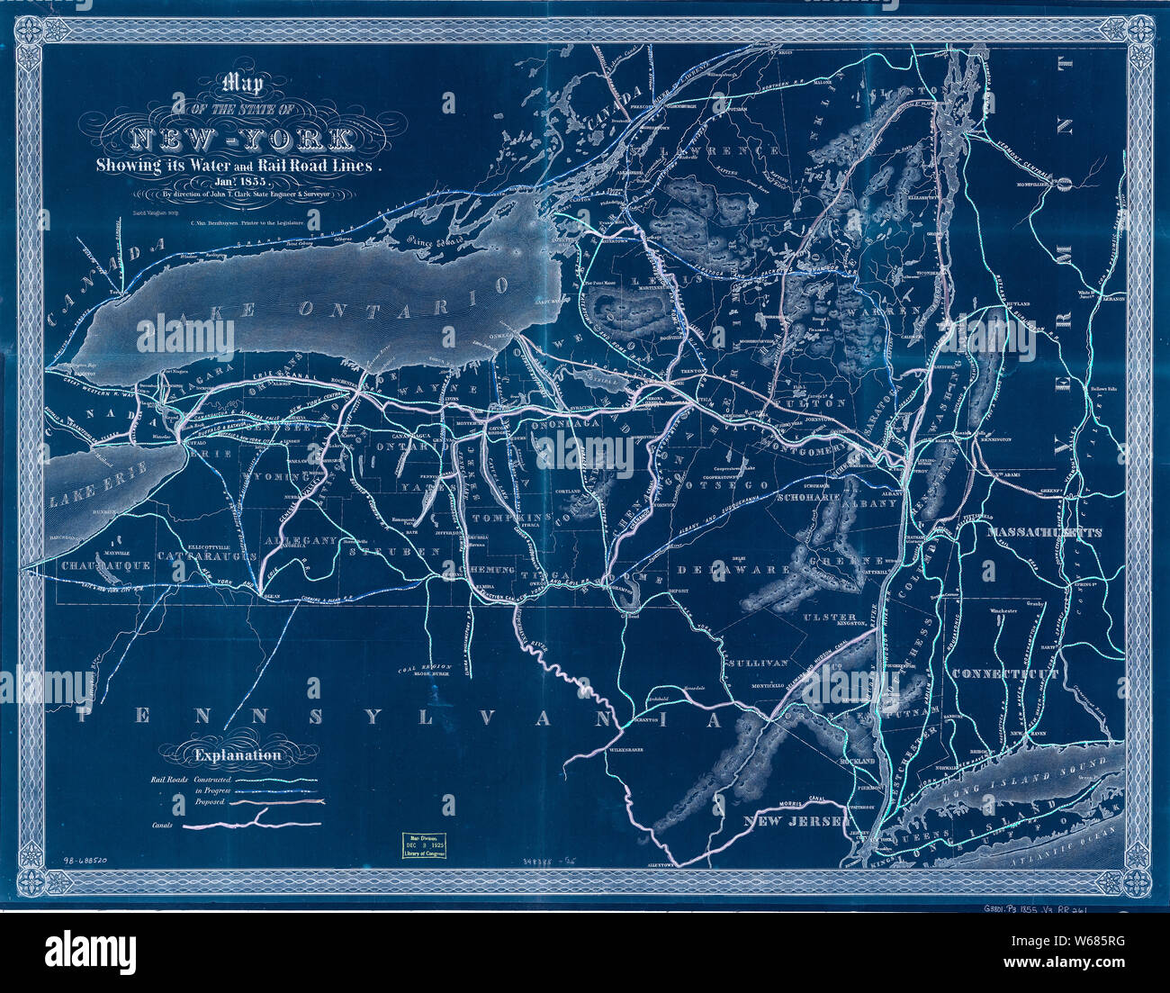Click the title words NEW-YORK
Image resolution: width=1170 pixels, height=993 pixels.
(x=242, y=139)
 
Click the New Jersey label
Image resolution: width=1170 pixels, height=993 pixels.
(x=794, y=822)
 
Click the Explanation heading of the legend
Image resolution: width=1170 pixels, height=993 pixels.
(x=237, y=756)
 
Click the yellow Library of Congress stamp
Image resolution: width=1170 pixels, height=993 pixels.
(x=427, y=847)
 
